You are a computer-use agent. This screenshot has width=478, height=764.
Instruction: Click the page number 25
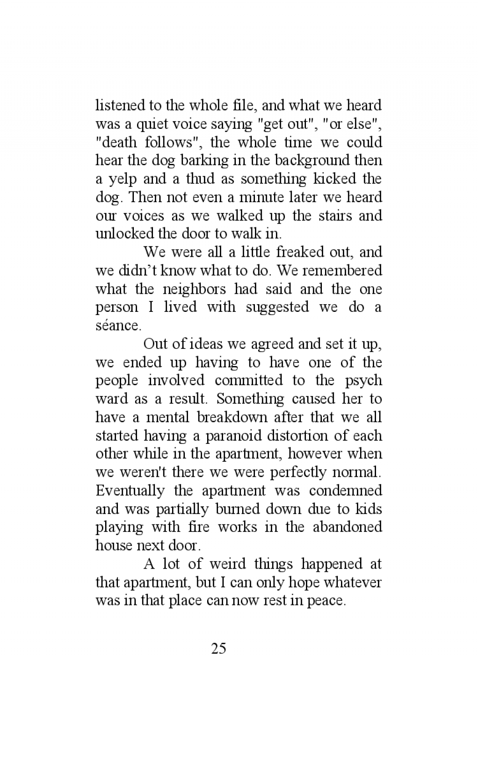(219, 649)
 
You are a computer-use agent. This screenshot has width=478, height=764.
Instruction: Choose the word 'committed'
(249, 380)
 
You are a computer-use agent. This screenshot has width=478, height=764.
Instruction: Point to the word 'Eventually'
(130, 491)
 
